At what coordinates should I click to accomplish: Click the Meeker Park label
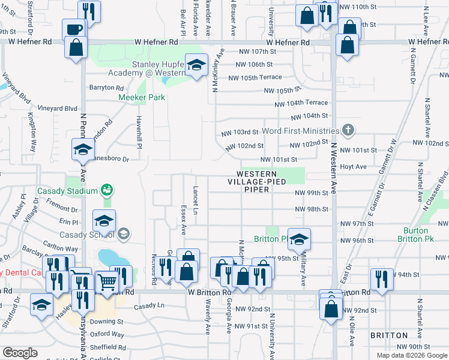click(142, 97)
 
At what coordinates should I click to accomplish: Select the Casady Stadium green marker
click(107, 190)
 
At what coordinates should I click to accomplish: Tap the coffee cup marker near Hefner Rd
click(74, 29)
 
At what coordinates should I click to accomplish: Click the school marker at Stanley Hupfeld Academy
click(196, 65)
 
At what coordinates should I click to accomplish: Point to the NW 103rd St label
click(239, 132)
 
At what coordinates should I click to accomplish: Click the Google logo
click(20, 353)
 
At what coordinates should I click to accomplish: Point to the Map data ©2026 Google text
click(412, 355)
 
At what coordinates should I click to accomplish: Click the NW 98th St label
click(312, 209)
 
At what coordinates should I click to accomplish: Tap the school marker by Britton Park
click(298, 239)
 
